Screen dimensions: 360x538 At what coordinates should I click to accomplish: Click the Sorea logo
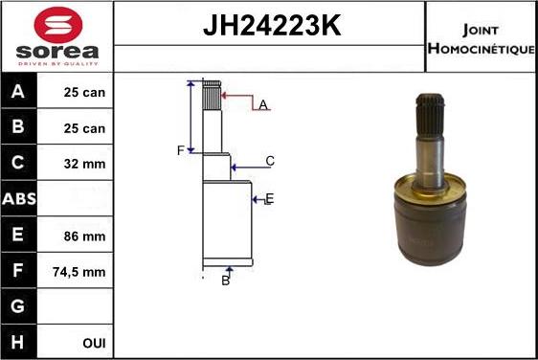click(57, 37)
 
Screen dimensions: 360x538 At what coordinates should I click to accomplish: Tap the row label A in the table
click(18, 93)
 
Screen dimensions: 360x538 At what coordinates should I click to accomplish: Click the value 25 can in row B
click(84, 127)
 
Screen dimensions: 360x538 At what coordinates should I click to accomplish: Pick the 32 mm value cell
click(84, 164)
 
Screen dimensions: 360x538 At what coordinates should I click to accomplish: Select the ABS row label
click(19, 200)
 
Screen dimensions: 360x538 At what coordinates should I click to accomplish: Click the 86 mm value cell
click(84, 236)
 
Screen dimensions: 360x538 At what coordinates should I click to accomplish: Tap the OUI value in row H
click(94, 343)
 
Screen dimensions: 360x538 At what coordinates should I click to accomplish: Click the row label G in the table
click(18, 307)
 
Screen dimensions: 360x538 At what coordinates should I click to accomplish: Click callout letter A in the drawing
click(262, 104)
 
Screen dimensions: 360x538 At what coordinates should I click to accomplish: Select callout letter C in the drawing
click(270, 161)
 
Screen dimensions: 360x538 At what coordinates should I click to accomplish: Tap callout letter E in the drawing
click(269, 198)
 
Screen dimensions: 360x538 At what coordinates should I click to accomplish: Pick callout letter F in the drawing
click(179, 151)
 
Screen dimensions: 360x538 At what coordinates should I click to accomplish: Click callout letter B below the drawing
click(226, 281)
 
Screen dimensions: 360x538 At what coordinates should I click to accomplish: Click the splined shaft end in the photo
click(431, 115)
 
